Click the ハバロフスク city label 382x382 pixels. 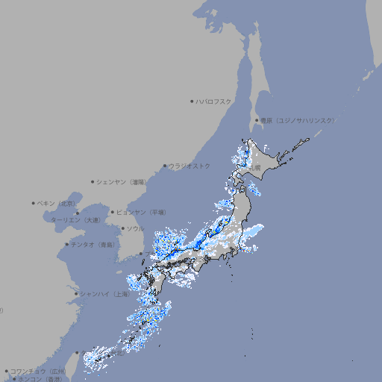coord(214,101)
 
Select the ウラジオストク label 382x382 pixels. coord(190,166)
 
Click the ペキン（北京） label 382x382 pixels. coord(57,203)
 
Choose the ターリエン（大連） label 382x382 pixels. coord(75,220)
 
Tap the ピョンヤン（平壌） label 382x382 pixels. coord(142,212)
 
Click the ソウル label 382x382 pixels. coord(135,228)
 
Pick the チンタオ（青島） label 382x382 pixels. coord(93,244)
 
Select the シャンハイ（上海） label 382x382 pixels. coord(104,293)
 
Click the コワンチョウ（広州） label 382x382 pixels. coord(38,371)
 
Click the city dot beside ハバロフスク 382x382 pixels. coord(192,101)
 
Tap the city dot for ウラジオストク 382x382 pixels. coord(165,166)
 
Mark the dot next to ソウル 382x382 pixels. coord(122,228)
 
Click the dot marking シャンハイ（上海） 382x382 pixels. coord(76,293)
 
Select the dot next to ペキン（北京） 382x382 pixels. coord(34,203)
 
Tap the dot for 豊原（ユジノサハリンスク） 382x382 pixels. coord(257,120)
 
